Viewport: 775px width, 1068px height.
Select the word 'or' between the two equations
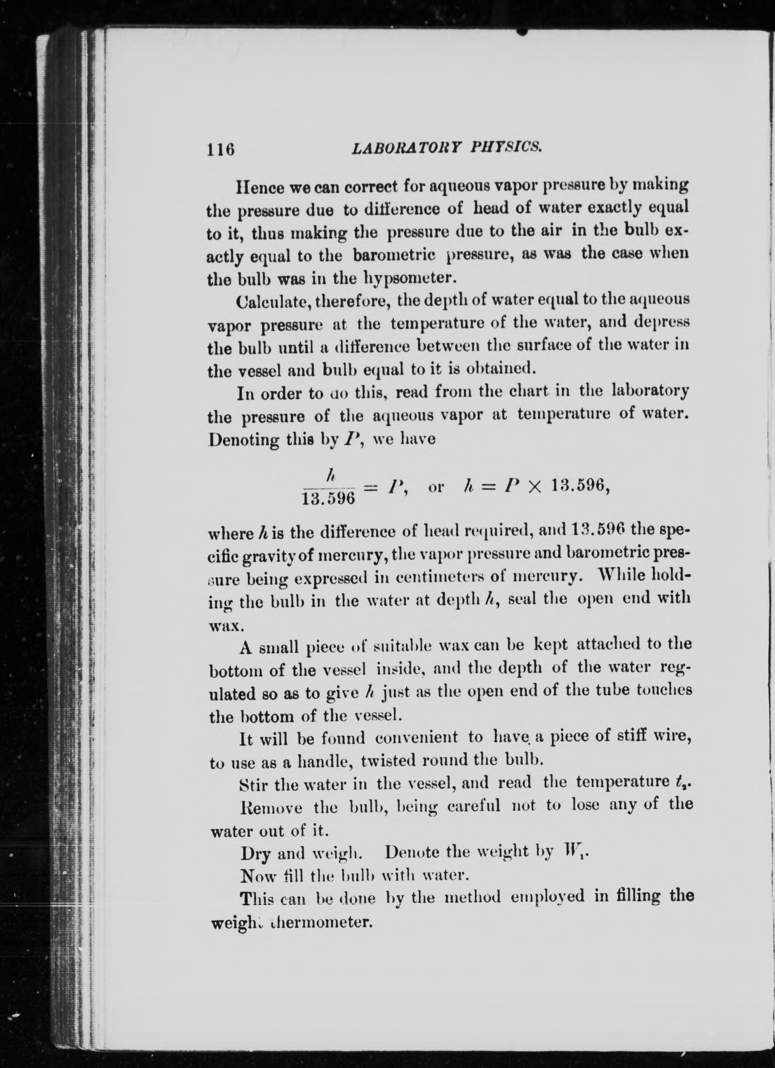click(x=435, y=487)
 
